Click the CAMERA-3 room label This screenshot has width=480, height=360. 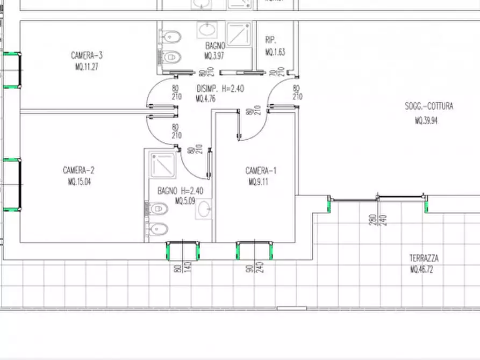[x=87, y=55]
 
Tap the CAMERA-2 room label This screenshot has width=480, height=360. [x=78, y=170]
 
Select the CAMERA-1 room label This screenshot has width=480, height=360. [x=261, y=171]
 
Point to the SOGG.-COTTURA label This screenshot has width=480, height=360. [x=429, y=106]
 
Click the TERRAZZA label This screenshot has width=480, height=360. [x=424, y=258]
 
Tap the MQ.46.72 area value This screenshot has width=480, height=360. [x=421, y=270]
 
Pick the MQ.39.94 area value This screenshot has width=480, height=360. [x=426, y=121]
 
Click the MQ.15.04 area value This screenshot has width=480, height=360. [x=78, y=182]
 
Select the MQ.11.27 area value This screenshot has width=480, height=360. [x=87, y=67]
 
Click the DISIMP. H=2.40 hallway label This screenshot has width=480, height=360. [x=220, y=89]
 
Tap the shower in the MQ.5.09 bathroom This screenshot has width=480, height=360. [x=163, y=165]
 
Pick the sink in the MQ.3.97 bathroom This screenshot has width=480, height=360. [x=206, y=30]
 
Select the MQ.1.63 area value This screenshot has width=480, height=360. [x=275, y=52]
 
